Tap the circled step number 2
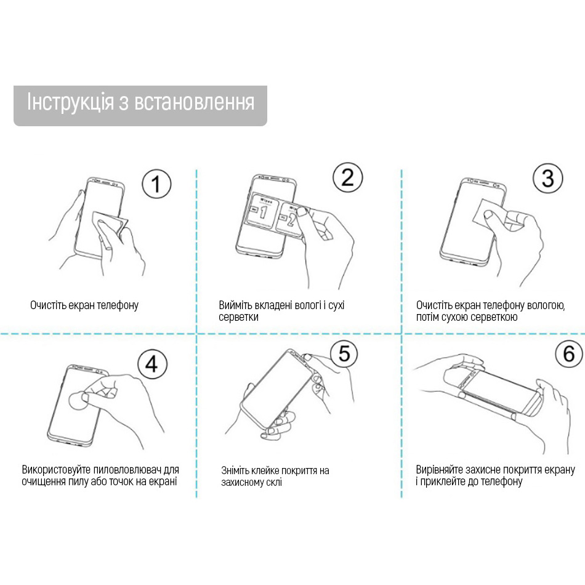[348, 178]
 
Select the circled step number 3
[547, 179]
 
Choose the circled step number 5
[344, 353]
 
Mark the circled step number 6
[568, 353]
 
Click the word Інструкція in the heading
[68, 102]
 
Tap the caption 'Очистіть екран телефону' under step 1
[84, 305]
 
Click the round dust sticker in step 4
[78, 401]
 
